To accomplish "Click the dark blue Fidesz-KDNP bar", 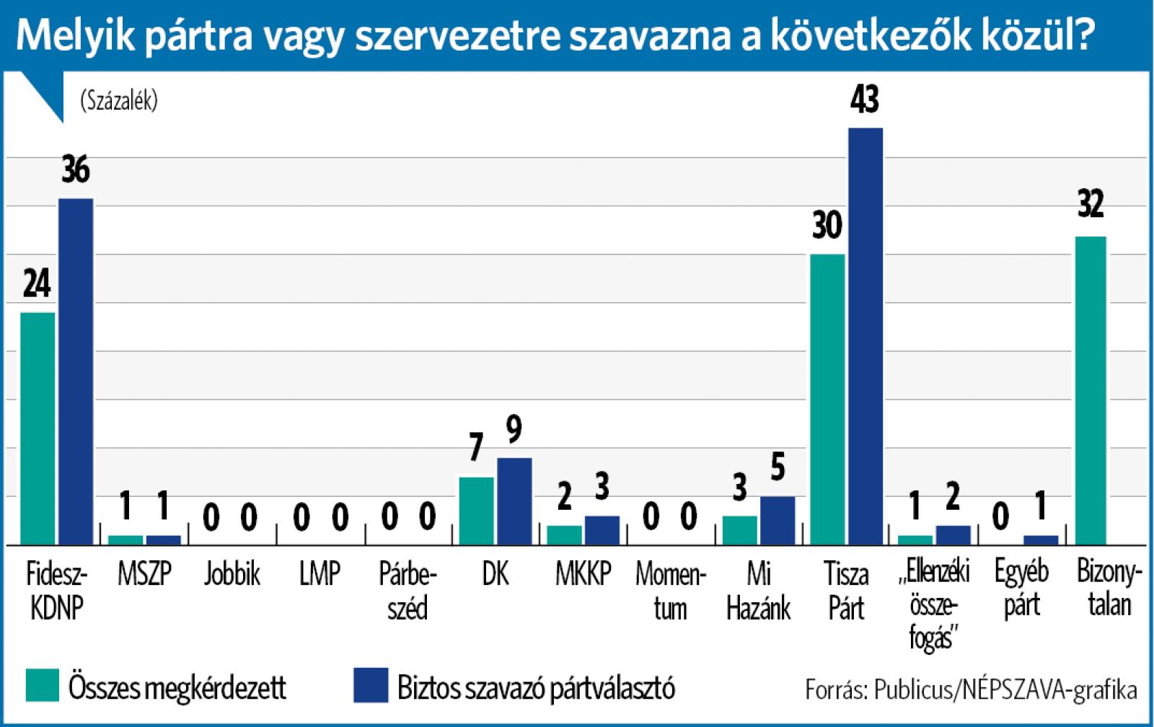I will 76,371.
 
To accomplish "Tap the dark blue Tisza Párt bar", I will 865,335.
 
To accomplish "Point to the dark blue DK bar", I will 514,501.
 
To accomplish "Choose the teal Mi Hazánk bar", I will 739,529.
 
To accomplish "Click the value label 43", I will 865,100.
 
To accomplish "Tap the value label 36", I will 76,170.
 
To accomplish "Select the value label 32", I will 1091,205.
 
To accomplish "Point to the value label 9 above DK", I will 514,430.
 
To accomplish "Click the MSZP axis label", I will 144,574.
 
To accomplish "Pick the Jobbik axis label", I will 232,574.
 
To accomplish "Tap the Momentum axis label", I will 670,591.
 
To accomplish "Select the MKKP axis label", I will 583,574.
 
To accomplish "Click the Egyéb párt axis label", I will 1021,589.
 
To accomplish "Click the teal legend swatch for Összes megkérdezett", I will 42,685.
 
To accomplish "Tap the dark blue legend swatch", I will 371,685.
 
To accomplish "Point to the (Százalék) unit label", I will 119,101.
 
